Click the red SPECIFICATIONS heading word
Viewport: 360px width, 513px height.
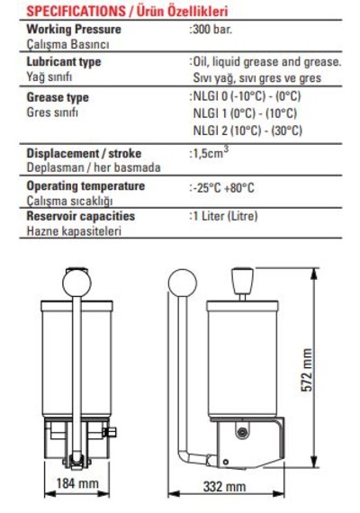pyautogui.click(x=76, y=12)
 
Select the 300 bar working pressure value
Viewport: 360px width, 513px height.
pyautogui.click(x=211, y=30)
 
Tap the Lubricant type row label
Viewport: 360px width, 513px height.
pyautogui.click(x=64, y=62)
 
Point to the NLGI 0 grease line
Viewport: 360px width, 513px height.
pyautogui.click(x=245, y=96)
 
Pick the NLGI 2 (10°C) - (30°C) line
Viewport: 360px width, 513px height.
pyautogui.click(x=247, y=130)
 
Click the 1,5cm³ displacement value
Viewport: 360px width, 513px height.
pyautogui.click(x=209, y=152)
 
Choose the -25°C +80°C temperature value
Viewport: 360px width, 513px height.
pyautogui.click(x=221, y=188)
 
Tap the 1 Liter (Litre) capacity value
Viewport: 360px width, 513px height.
pyautogui.click(x=223, y=216)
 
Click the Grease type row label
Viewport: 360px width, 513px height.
pyautogui.click(x=58, y=97)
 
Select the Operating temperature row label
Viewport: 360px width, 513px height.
pyautogui.click(x=85, y=186)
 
